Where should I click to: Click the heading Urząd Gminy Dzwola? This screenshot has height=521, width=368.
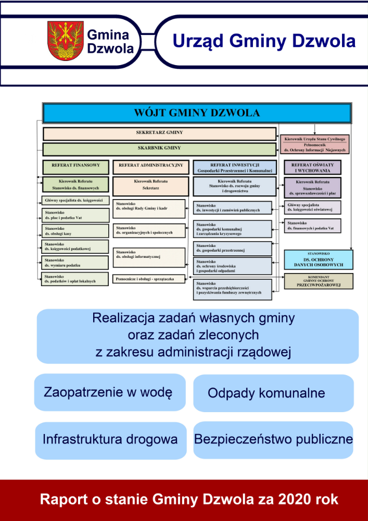pyautogui.click(x=264, y=41)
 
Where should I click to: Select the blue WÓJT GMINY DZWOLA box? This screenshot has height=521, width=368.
pyautogui.click(x=197, y=113)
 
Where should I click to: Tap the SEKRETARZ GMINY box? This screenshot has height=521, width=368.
pyautogui.click(x=159, y=133)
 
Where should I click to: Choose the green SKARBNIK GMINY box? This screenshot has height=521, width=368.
pyautogui.click(x=159, y=149)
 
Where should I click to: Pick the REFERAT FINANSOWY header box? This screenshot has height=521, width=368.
pyautogui.click(x=75, y=167)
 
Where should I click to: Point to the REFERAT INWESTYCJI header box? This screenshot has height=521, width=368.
pyautogui.click(x=232, y=167)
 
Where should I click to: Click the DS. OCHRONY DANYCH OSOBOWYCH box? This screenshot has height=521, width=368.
pyautogui.click(x=319, y=259)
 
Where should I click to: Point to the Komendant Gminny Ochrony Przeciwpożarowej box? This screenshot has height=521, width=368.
pyautogui.click(x=319, y=281)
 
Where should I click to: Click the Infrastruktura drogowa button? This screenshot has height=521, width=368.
pyautogui.click(x=111, y=440)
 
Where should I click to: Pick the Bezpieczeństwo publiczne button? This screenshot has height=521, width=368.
pyautogui.click(x=273, y=440)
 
